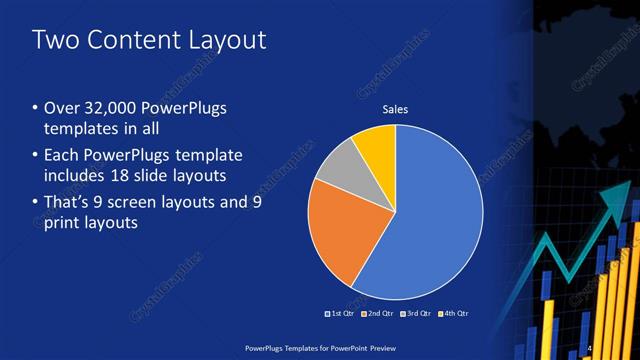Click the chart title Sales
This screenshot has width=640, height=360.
click(396, 110)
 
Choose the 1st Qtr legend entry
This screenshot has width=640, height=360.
click(340, 313)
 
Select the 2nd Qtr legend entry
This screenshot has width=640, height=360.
click(376, 313)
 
